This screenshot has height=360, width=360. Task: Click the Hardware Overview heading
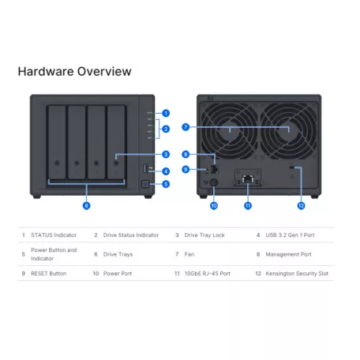(74, 72)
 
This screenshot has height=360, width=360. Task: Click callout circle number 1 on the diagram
(166, 113)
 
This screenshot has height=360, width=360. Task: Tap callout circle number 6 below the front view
(86, 205)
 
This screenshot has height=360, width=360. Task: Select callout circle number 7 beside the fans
(186, 126)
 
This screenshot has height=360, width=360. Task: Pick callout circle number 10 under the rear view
(213, 205)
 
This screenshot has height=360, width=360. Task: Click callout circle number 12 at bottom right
(301, 205)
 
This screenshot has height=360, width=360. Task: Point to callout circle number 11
(248, 205)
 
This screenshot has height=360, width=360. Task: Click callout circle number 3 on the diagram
(166, 155)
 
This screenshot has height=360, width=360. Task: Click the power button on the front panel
(143, 185)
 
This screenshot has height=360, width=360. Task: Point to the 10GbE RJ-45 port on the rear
(248, 179)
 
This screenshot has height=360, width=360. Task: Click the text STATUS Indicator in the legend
(54, 234)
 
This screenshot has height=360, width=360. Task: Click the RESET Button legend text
(49, 273)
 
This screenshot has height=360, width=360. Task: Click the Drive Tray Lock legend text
(206, 234)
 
